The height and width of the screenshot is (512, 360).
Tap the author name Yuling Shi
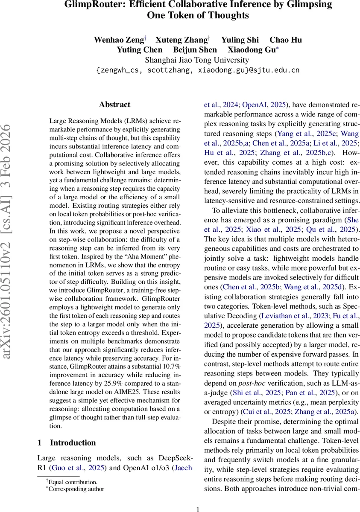click(240, 40)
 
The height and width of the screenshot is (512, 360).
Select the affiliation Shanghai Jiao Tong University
click(197, 60)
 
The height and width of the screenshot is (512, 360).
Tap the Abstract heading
click(114, 105)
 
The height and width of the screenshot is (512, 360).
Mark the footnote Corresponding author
click(77, 489)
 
